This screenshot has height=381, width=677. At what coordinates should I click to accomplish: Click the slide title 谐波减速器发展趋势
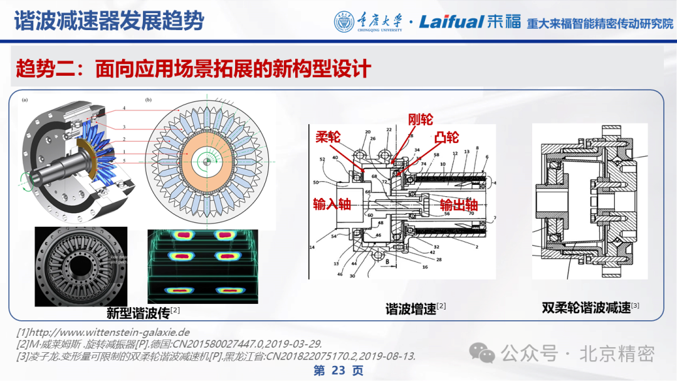[109, 21]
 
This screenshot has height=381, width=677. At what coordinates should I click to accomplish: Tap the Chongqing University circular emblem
[344, 22]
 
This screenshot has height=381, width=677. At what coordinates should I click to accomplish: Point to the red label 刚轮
[420, 119]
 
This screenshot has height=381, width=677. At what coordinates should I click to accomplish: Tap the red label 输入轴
[332, 204]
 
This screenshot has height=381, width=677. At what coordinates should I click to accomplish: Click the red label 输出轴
[458, 206]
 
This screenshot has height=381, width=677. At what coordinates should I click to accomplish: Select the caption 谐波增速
[411, 308]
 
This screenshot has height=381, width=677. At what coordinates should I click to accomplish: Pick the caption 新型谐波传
[139, 311]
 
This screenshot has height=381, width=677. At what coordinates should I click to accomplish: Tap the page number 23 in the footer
[338, 370]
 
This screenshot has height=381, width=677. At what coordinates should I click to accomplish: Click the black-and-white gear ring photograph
[81, 266]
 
